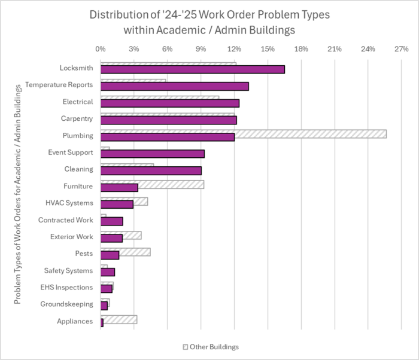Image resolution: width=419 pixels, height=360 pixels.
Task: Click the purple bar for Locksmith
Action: pyautogui.click(x=192, y=69)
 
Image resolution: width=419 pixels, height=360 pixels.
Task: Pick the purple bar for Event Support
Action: pyautogui.click(x=152, y=154)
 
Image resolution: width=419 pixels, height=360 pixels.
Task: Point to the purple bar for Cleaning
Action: pyautogui.click(x=151, y=170)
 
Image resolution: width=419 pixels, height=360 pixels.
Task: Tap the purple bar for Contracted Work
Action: pyautogui.click(x=111, y=221)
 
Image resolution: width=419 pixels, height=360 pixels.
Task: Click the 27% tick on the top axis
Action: pyautogui.click(x=402, y=48)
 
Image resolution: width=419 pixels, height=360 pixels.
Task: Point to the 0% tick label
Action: pyautogui.click(x=101, y=48)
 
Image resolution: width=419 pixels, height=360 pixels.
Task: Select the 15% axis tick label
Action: pyautogui.click(x=268, y=48)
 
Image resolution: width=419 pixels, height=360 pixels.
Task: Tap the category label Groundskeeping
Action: pyautogui.click(x=66, y=304)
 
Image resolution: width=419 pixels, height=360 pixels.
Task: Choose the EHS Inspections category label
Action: pyautogui.click(x=66, y=288)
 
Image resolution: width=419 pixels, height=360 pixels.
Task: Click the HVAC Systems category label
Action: pyautogui.click(x=69, y=203)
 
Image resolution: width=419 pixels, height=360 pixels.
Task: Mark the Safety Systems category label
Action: pyautogui.click(x=68, y=271)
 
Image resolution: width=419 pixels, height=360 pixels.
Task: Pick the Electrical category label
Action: pyautogui.click(x=77, y=102)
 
